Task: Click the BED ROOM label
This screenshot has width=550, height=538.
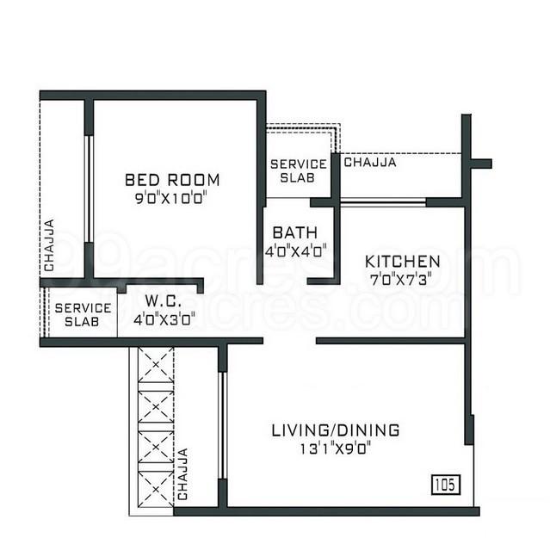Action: pyautogui.click(x=172, y=180)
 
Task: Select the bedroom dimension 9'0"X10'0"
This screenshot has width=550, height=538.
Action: pyautogui.click(x=172, y=197)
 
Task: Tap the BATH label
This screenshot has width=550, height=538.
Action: pyautogui.click(x=295, y=233)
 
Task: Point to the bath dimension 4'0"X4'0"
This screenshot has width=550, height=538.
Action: pyautogui.click(x=295, y=251)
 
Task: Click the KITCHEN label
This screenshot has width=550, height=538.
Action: pyautogui.click(x=403, y=261)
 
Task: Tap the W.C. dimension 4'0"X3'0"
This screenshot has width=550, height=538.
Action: pyautogui.click(x=164, y=318)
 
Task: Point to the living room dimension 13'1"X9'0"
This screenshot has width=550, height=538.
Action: pyautogui.click(x=335, y=448)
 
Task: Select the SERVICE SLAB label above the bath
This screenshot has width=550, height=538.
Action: pyautogui.click(x=298, y=170)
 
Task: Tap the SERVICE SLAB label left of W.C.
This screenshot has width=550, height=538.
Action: pyautogui.click(x=83, y=314)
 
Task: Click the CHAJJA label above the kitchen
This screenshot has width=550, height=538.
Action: pyautogui.click(x=370, y=161)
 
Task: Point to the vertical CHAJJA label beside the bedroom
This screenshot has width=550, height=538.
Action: pyautogui.click(x=49, y=245)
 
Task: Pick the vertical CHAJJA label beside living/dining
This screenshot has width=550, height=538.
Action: pyautogui.click(x=182, y=473)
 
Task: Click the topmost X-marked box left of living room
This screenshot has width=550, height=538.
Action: pyautogui.click(x=156, y=364)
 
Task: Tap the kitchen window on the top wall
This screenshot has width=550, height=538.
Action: pyautogui.click(x=383, y=202)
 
